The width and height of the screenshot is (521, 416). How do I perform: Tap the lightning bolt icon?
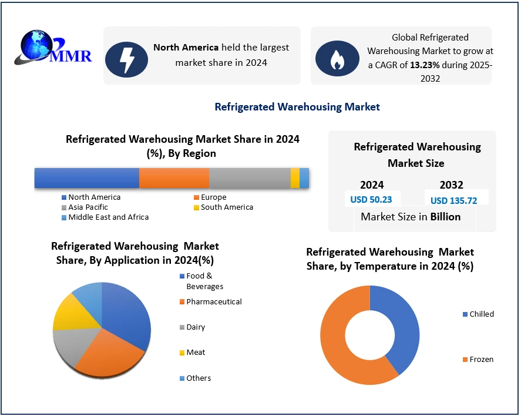(126, 58)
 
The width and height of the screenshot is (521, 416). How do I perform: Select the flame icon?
(337, 58)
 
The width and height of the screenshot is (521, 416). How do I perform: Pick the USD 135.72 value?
(453, 200)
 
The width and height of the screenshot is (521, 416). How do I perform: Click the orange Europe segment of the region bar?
(174, 177)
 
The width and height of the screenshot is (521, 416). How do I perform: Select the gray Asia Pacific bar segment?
(250, 177)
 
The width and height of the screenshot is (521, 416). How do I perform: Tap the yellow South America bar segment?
(295, 177)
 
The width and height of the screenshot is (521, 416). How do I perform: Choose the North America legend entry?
(94, 197)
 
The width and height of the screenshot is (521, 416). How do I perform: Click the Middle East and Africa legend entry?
(108, 217)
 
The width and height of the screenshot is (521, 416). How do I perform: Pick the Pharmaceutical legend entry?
(214, 301)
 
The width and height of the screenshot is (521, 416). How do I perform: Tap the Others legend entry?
(199, 378)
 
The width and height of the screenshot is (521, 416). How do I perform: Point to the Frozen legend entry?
(481, 359)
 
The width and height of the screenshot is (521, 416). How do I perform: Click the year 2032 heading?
(451, 184)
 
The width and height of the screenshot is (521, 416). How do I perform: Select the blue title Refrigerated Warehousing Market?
(297, 106)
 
